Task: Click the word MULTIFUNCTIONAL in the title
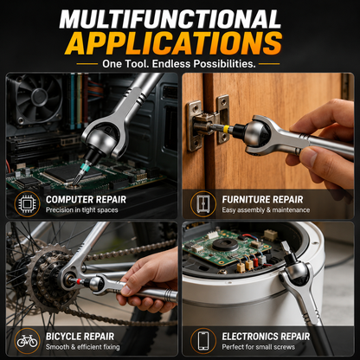(x=170, y=20)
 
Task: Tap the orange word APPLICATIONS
(x=173, y=43)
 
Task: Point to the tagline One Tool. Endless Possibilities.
(x=179, y=64)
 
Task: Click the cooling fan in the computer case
(x=38, y=98)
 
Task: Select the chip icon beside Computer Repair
(x=27, y=204)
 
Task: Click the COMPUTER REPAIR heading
(x=86, y=199)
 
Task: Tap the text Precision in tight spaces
(x=82, y=210)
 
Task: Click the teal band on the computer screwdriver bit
(x=85, y=167)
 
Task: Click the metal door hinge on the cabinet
(x=209, y=123)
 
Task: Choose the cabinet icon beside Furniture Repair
(x=203, y=204)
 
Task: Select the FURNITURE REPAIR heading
(x=262, y=199)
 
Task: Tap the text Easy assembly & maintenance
(x=266, y=210)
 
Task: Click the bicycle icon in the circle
(x=27, y=341)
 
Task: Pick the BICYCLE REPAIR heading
(x=80, y=337)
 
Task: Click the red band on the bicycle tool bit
(x=79, y=281)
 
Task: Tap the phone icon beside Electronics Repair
(x=203, y=341)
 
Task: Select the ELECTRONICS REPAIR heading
(x=266, y=337)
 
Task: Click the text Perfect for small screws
(x=259, y=347)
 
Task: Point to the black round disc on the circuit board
(x=225, y=245)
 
